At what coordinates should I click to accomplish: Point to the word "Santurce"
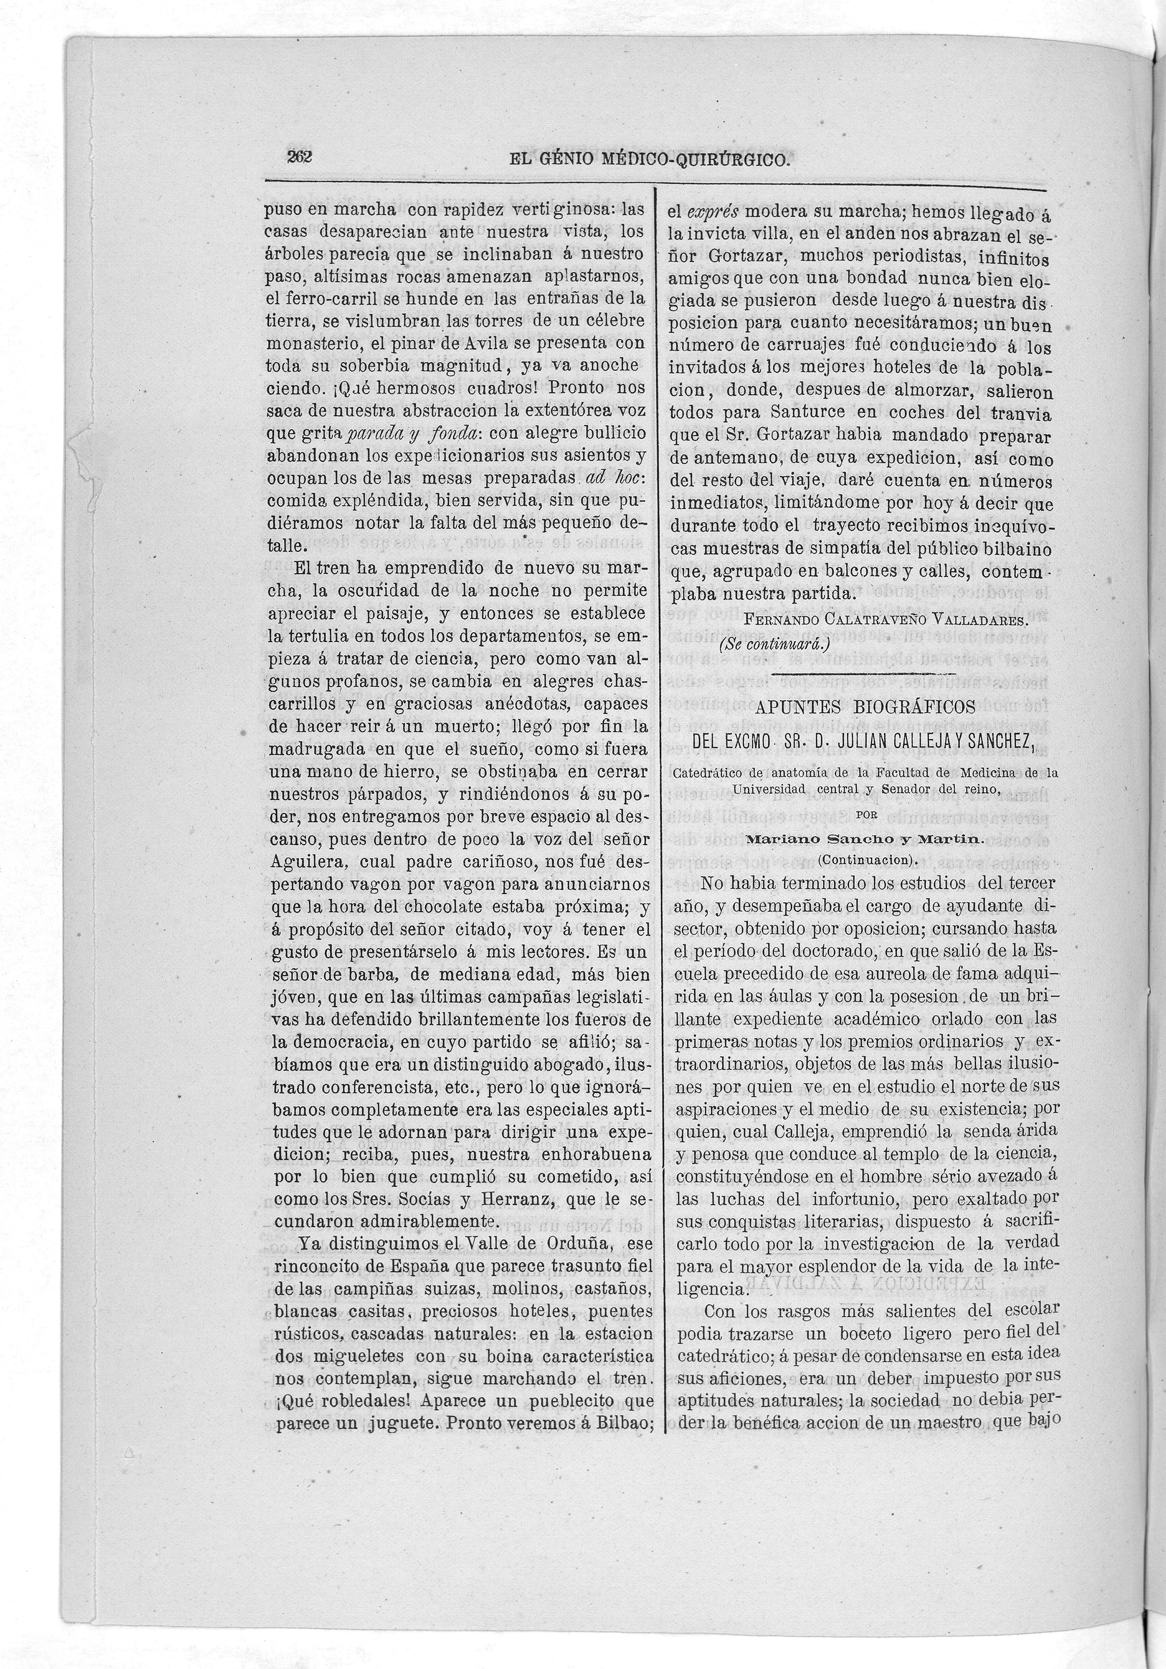(x=792, y=413)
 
